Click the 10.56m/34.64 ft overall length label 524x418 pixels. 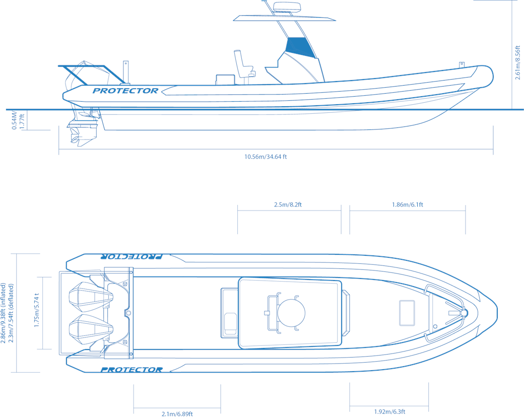click(266, 157)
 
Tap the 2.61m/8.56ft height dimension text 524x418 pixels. click(517, 62)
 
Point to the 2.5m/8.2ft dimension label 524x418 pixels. click(288, 204)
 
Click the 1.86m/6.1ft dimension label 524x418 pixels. click(408, 204)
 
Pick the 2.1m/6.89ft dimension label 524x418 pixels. click(177, 414)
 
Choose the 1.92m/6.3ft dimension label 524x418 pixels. click(389, 411)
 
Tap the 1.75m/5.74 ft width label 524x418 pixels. click(37, 310)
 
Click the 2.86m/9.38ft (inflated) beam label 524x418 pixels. click(4, 313)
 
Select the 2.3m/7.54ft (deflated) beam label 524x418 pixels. click(11, 313)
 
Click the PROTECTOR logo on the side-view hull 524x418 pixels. click(125, 91)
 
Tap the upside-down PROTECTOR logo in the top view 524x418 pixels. click(132, 256)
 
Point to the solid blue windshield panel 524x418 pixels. click(300, 47)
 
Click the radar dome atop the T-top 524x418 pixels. click(287, 7)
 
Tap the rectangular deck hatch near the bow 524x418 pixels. click(407, 313)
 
